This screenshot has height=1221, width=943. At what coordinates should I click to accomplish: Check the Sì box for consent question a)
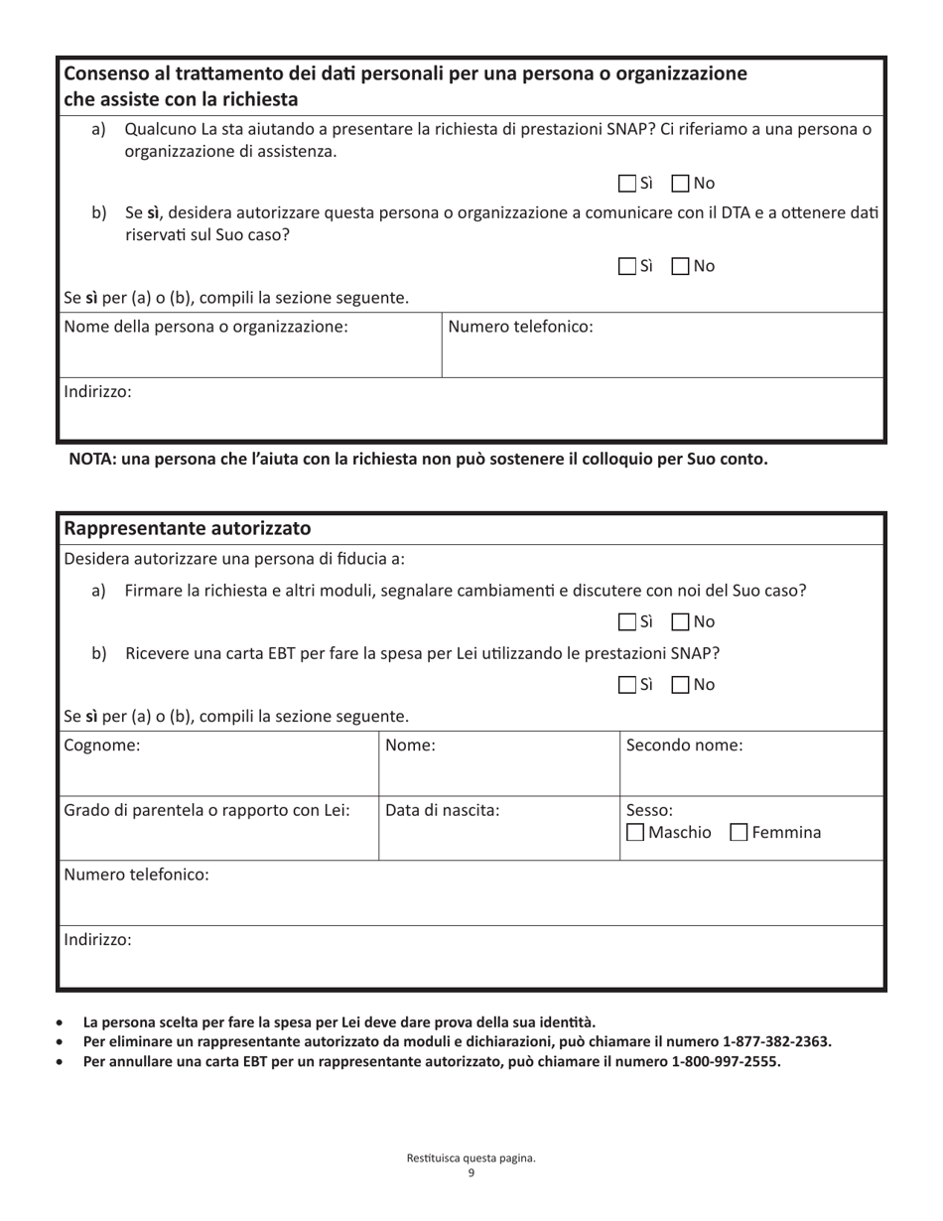[626, 184]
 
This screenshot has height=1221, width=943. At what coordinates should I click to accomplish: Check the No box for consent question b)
[680, 266]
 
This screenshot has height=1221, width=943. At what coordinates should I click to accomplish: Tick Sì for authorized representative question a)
[626, 622]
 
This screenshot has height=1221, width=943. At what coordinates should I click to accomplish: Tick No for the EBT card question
[680, 685]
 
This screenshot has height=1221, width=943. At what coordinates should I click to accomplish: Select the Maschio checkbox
[635, 832]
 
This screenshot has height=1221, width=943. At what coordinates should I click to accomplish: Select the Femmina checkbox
[739, 832]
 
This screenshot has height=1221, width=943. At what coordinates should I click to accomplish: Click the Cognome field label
[102, 746]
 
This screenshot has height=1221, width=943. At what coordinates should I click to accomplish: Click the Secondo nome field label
[684, 746]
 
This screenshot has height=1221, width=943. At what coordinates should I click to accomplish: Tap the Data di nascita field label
[442, 810]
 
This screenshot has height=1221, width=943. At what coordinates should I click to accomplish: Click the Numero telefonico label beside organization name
[521, 327]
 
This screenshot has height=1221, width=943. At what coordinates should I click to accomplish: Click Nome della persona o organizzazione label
[205, 327]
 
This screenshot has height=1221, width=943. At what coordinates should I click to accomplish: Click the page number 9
[471, 1173]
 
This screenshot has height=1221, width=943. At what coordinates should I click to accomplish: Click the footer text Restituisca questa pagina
[471, 1158]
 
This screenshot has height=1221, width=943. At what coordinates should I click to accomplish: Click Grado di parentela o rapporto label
[206, 810]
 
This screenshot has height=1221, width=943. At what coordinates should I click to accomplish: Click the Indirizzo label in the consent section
[97, 392]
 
